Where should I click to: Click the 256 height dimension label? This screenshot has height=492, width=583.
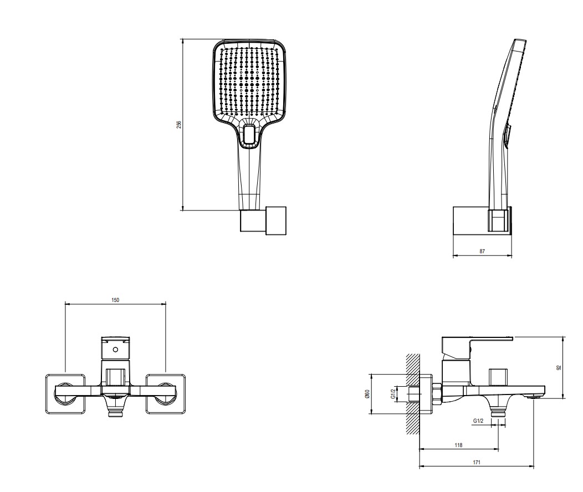click(x=179, y=125)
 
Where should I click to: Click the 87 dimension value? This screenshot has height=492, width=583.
click(x=482, y=251)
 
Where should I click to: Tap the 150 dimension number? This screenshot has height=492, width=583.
click(x=115, y=300)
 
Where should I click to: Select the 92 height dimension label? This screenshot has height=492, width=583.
click(x=559, y=368)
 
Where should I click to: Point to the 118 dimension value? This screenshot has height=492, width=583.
click(x=458, y=445)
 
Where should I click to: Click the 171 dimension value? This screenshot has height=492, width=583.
click(x=477, y=463)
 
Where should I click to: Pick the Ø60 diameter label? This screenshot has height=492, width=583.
click(x=367, y=394)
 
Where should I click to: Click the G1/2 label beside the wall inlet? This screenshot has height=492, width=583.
click(x=392, y=394)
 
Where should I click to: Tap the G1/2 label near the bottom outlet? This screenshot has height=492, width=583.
click(x=478, y=421)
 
